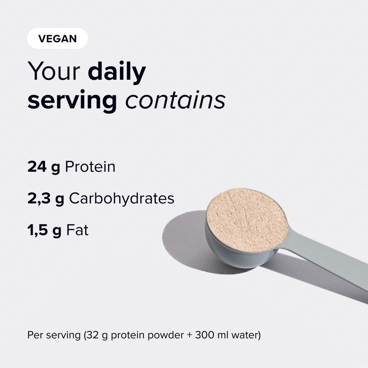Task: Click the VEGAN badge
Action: [58, 38]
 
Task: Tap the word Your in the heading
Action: [54, 71]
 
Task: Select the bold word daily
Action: [117, 72]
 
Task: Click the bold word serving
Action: [72, 101]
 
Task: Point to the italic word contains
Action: [175, 100]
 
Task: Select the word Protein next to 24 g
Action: [90, 167]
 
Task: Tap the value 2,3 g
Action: [46, 199]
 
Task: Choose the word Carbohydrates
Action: [122, 198]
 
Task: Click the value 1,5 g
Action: [45, 230]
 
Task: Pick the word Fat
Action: [77, 230]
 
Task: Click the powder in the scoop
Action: [247, 220]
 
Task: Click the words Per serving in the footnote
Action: [54, 335]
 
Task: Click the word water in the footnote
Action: [245, 335]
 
